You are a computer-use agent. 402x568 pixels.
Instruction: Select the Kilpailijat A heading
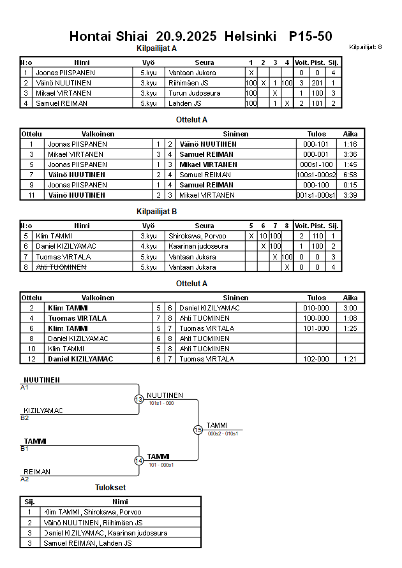pyautogui.click(x=156, y=48)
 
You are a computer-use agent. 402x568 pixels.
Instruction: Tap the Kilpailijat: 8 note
pyautogui.click(x=366, y=47)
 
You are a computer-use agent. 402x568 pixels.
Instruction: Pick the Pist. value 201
pyautogui.click(x=318, y=83)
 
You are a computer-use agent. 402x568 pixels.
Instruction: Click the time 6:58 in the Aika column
pyautogui.click(x=350, y=175)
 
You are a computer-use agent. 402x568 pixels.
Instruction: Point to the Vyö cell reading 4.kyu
pyautogui.click(x=148, y=247)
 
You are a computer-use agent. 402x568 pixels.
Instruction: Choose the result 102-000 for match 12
pyautogui.click(x=316, y=359)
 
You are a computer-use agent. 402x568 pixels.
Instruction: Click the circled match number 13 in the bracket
pyautogui.click(x=139, y=399)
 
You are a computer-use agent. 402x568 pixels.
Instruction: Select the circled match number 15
pyautogui.click(x=198, y=430)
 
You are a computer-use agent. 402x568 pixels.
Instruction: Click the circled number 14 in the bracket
pyautogui.click(x=139, y=460)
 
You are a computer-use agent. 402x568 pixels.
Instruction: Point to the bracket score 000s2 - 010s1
pyautogui.click(x=223, y=433)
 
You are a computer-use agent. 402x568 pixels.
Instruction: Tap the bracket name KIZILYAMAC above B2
pyautogui.click(x=43, y=411)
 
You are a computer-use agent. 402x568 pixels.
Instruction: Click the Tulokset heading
pyautogui.click(x=110, y=488)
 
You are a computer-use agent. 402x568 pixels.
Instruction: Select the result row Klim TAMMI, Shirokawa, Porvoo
pyautogui.click(x=93, y=512)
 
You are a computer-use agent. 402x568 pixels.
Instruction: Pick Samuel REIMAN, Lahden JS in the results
pyautogui.click(x=87, y=543)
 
